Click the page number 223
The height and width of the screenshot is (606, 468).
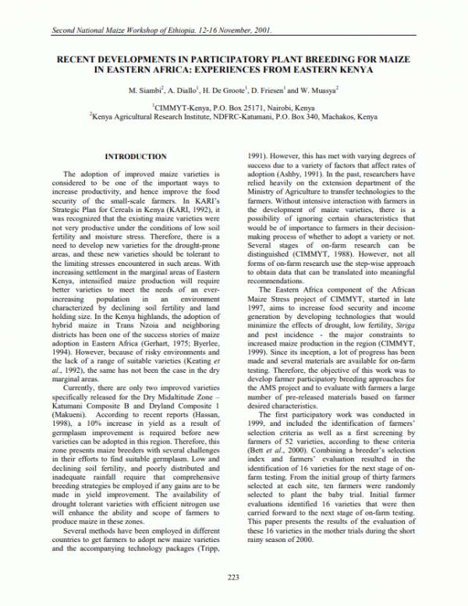pos(233,578)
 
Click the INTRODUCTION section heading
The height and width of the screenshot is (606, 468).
pos(135,157)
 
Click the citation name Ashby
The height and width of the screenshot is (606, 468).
pos(312,175)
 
